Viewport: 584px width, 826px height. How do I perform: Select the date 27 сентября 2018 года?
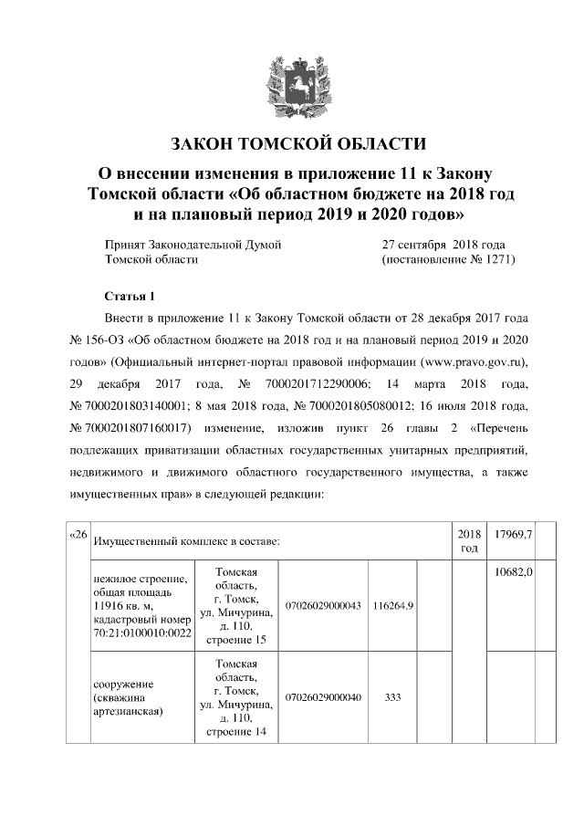pos(443,245)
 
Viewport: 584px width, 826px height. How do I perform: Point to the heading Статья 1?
pos(131,297)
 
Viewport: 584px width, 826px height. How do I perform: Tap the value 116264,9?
pos(393,606)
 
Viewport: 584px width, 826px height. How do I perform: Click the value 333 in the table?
pos(393,697)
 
